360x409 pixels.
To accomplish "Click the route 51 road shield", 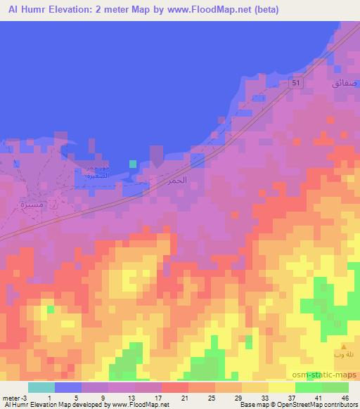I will pyautogui.click(x=297, y=84).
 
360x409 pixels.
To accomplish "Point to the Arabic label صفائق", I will pyautogui.click(x=345, y=83).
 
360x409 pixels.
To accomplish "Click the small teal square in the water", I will pyautogui.click(x=132, y=164).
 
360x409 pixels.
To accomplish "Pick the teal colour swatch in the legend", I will pyautogui.click(x=41, y=387).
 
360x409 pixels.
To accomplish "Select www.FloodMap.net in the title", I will pyautogui.click(x=206, y=9).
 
